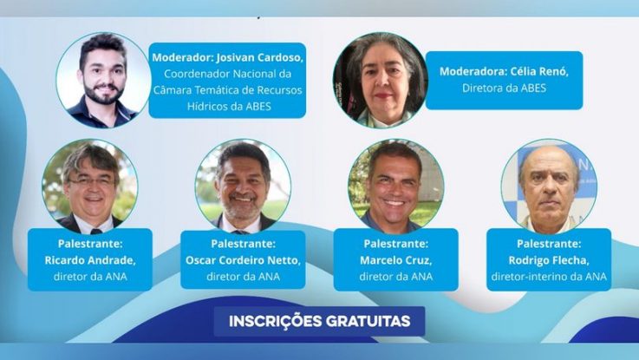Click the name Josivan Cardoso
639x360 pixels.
[259, 57]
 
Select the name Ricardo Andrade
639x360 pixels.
[90, 260]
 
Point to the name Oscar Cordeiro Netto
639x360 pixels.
[243, 260]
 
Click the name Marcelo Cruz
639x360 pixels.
[395, 260]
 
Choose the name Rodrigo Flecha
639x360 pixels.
[549, 260]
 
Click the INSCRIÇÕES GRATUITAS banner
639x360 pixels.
[319, 321]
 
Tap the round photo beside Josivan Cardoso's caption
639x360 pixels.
[103, 80]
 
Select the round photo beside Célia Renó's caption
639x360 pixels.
[381, 80]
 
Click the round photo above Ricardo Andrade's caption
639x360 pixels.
[90, 187]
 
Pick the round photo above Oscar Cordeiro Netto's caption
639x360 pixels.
[243, 187]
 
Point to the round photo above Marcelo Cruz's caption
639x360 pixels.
[395, 187]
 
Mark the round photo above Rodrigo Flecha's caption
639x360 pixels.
[549, 187]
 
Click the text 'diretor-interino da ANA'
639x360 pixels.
[549, 277]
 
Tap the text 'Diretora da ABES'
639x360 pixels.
[504, 88]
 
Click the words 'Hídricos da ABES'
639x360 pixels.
[229, 107]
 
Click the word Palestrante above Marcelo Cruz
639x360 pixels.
[395, 244]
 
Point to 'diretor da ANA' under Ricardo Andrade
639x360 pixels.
[90, 277]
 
